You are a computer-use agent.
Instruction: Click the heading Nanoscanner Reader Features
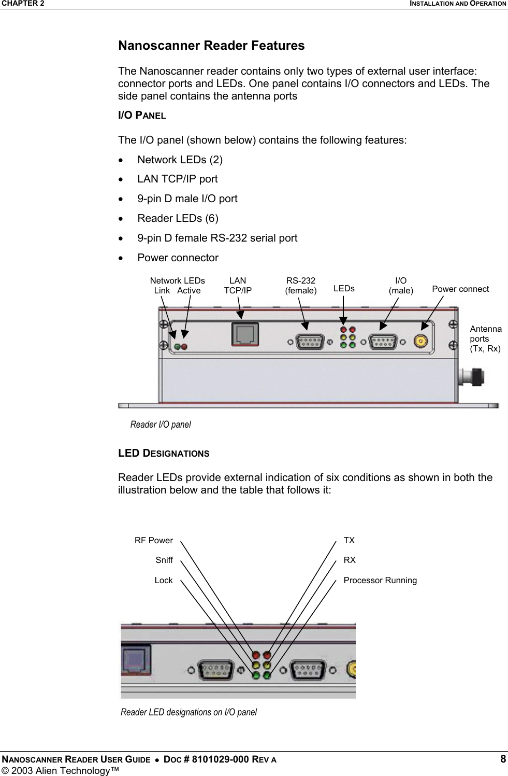click(211, 46)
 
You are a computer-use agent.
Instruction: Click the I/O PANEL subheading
click(142, 116)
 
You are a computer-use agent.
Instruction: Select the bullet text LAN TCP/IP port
click(177, 179)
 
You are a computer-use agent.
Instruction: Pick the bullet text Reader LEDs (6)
click(178, 218)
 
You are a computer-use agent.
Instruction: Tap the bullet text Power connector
click(178, 258)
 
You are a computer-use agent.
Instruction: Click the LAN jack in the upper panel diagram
click(245, 334)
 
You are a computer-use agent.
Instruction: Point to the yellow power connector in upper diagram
click(420, 342)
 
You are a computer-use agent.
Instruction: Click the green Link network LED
click(177, 347)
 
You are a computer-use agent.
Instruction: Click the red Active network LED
click(184, 347)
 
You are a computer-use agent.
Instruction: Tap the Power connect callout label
click(460, 289)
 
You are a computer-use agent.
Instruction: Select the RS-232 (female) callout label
click(300, 286)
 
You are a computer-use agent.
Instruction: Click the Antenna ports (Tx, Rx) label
click(485, 338)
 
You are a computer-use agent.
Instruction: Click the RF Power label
click(153, 540)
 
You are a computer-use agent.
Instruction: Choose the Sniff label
click(164, 560)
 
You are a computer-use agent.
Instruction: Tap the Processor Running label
click(380, 580)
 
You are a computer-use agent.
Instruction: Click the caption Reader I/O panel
click(161, 425)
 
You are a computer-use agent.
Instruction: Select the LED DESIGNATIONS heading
click(164, 453)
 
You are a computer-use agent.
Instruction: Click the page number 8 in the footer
click(502, 759)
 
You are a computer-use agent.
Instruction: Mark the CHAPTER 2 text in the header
click(23, 4)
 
